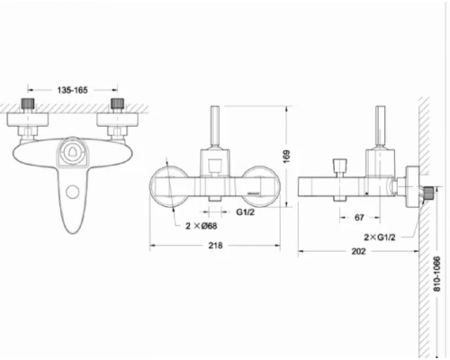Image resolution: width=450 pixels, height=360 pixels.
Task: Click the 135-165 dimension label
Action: click(72, 90)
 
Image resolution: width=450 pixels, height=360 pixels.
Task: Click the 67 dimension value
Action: click(358, 218)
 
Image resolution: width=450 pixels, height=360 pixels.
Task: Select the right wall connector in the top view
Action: click(116, 105)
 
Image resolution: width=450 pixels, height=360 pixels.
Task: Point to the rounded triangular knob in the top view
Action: click(72, 156)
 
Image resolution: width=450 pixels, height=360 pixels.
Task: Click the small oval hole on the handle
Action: click(71, 191)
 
